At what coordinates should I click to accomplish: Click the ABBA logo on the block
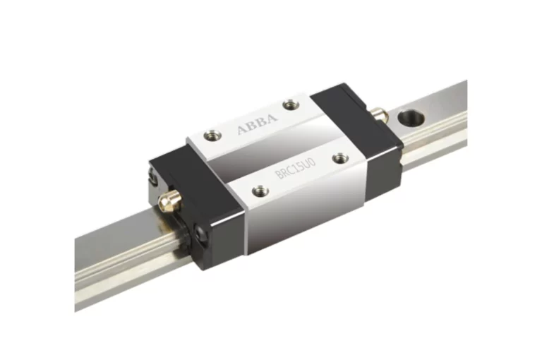click(257, 124)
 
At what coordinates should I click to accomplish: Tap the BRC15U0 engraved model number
click(296, 169)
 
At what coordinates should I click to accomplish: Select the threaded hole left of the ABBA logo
click(211, 135)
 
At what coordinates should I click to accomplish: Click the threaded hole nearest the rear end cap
click(291, 104)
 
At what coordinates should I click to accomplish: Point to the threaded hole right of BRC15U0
click(340, 158)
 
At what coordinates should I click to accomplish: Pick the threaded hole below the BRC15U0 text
click(260, 190)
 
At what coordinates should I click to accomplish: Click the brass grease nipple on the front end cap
click(169, 200)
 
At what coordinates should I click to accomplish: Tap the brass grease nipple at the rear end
click(379, 115)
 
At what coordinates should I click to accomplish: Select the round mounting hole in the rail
click(411, 118)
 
